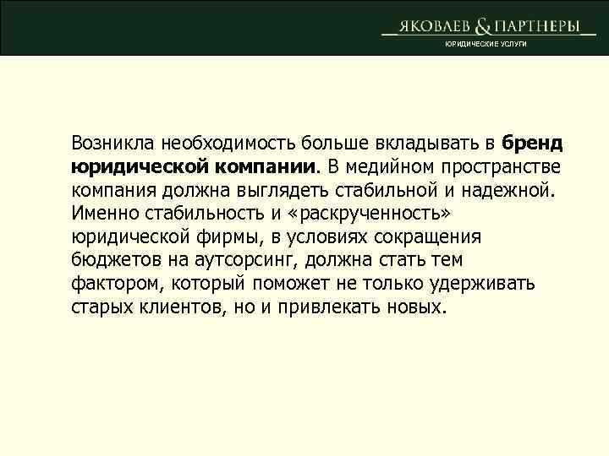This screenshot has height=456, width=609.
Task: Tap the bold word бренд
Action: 531,139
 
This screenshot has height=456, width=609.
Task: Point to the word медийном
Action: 400,162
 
